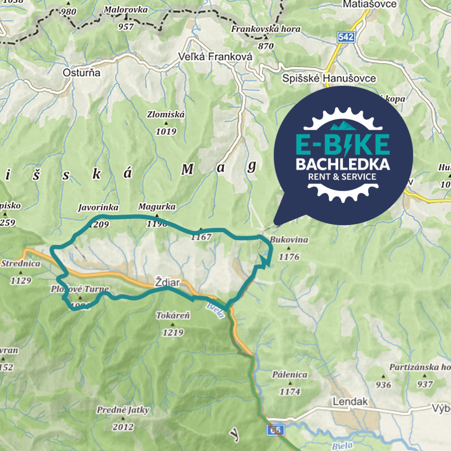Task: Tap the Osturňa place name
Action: point(81,73)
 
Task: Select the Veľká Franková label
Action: point(215,56)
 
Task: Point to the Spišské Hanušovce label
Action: point(329,78)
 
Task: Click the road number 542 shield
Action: point(346,38)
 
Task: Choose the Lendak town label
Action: point(350,402)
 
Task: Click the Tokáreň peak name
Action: point(173,316)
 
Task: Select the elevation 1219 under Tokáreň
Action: point(173,332)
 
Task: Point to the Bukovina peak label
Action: point(289,240)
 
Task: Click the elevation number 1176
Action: point(289,257)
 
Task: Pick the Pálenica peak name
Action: point(290,375)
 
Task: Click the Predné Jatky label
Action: point(123,410)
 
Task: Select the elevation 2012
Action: point(123,426)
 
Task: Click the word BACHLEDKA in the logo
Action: point(342,164)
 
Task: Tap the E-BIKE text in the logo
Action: point(342,144)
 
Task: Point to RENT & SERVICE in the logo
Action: point(342,177)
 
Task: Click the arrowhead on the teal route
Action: point(264,261)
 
